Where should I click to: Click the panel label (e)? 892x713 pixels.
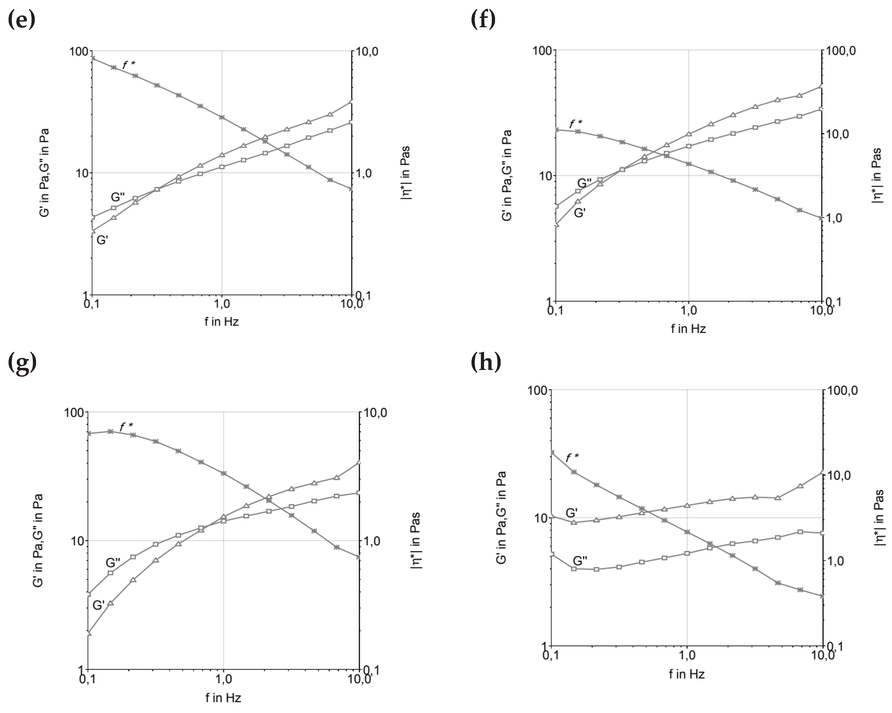pyautogui.click(x=22, y=19)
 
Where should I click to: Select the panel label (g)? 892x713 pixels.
pyautogui.click(x=22, y=363)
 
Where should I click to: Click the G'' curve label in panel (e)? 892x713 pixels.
pyautogui.click(x=118, y=197)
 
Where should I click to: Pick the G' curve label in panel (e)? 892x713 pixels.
pyautogui.click(x=102, y=240)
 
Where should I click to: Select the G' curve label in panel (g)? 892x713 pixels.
pyautogui.click(x=99, y=605)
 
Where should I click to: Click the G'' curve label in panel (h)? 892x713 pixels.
pyautogui.click(x=580, y=561)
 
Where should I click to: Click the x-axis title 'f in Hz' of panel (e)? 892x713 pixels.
pyautogui.click(x=221, y=322)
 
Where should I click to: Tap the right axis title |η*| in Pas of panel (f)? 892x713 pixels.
pyautogui.click(x=876, y=175)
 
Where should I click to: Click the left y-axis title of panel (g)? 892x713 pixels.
pyautogui.click(x=38, y=540)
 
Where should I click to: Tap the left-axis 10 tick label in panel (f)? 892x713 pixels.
pyautogui.click(x=545, y=176)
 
